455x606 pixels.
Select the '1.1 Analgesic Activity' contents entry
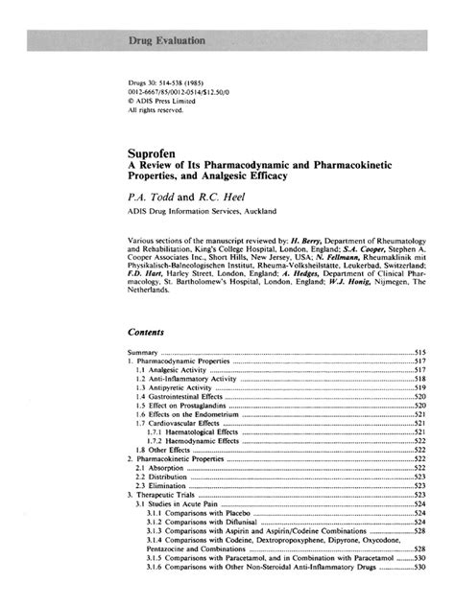tap(172, 369)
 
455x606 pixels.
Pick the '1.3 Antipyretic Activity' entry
tap(173, 386)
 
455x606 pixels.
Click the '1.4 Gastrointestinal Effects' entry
tap(181, 395)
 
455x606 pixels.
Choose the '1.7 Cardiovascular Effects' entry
tap(180, 422)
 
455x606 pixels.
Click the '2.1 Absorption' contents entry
tap(159, 467)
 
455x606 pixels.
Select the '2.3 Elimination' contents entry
tap(160, 485)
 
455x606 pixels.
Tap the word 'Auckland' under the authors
tap(253, 210)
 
